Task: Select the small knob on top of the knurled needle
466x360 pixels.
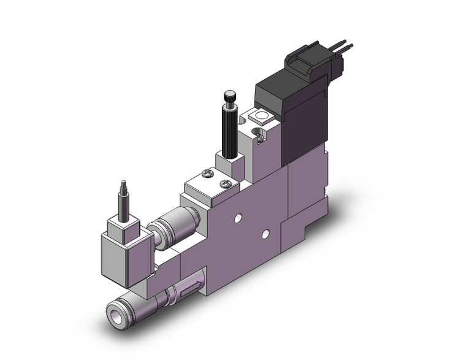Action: [x=228, y=96]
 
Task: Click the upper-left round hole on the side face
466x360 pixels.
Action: [x=236, y=218]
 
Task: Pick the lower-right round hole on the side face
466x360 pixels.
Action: [x=265, y=233]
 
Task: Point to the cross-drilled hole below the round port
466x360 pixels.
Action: [x=261, y=137]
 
